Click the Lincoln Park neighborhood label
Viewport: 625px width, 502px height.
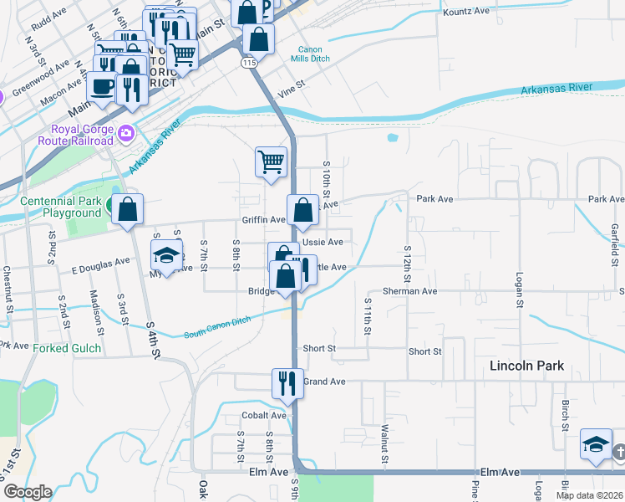526,366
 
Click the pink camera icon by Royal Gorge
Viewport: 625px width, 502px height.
126,132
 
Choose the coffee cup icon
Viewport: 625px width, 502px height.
102,85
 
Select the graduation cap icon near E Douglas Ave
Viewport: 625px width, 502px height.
167,255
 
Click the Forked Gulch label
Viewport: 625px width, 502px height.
65,347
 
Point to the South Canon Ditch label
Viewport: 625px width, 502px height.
216,327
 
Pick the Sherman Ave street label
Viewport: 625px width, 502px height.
417,291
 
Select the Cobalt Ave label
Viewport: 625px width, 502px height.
265,415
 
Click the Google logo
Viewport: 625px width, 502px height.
27,492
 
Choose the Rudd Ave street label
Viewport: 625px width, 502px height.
47,15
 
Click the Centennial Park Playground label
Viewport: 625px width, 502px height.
60,207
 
